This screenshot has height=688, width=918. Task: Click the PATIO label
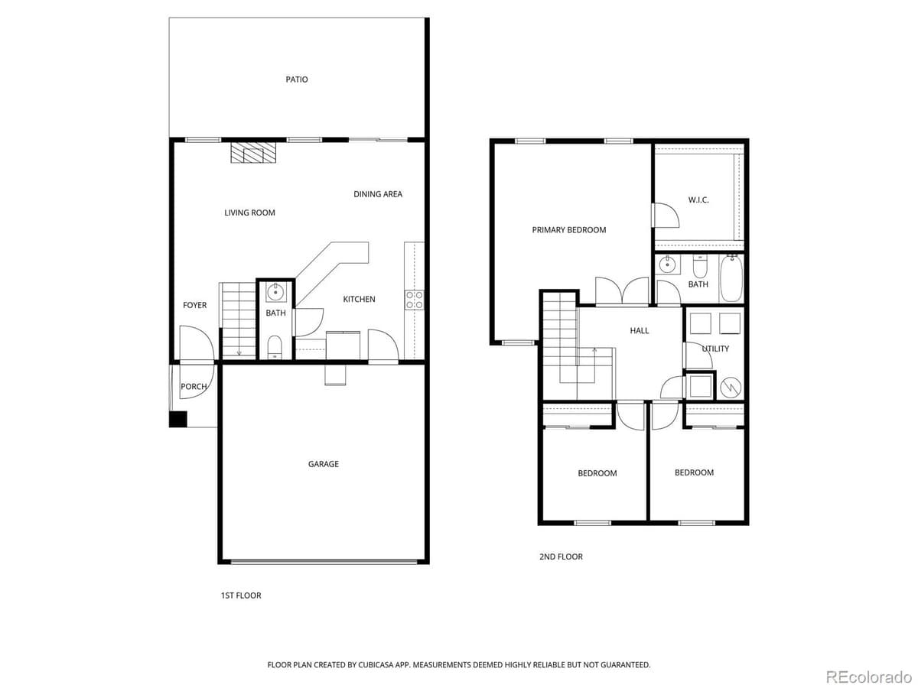click(297, 80)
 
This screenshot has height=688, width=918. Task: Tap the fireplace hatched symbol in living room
click(253, 153)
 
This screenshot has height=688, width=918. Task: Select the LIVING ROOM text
click(249, 213)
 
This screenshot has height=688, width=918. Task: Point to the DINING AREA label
click(377, 194)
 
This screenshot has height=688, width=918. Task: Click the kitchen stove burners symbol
click(414, 300)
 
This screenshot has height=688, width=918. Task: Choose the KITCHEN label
click(359, 299)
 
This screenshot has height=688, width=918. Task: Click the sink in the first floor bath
click(275, 291)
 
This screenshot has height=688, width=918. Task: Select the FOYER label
click(194, 305)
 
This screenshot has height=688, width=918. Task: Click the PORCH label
click(194, 387)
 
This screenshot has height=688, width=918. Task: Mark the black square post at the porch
click(177, 419)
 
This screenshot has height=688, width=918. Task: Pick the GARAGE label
click(323, 464)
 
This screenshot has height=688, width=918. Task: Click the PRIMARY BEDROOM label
click(568, 230)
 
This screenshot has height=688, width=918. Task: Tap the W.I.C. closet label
click(698, 200)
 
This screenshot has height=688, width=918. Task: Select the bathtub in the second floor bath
click(731, 279)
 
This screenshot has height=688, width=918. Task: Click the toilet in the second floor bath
click(700, 267)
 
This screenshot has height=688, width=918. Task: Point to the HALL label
click(639, 330)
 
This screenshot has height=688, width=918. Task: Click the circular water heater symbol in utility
click(731, 387)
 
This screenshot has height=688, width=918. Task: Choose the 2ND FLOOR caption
click(560, 557)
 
